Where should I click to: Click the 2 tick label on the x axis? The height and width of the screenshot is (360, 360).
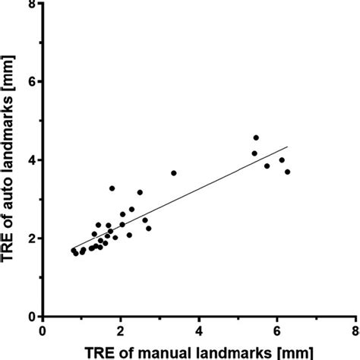click(x=122, y=332)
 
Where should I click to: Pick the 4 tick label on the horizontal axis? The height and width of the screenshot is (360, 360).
click(x=200, y=332)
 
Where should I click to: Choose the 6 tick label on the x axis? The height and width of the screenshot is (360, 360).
click(x=277, y=332)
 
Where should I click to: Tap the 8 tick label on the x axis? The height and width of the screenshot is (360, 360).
click(x=355, y=332)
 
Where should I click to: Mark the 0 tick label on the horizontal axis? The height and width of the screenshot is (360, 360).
click(x=43, y=332)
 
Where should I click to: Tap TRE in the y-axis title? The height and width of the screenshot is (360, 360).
click(x=11, y=242)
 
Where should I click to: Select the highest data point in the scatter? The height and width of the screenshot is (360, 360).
click(x=256, y=138)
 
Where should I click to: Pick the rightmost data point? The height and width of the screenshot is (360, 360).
click(x=287, y=172)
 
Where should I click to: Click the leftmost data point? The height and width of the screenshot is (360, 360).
click(x=74, y=250)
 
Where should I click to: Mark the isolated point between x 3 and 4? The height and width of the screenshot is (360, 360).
click(x=174, y=173)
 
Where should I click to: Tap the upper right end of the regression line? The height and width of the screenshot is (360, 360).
click(x=288, y=147)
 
